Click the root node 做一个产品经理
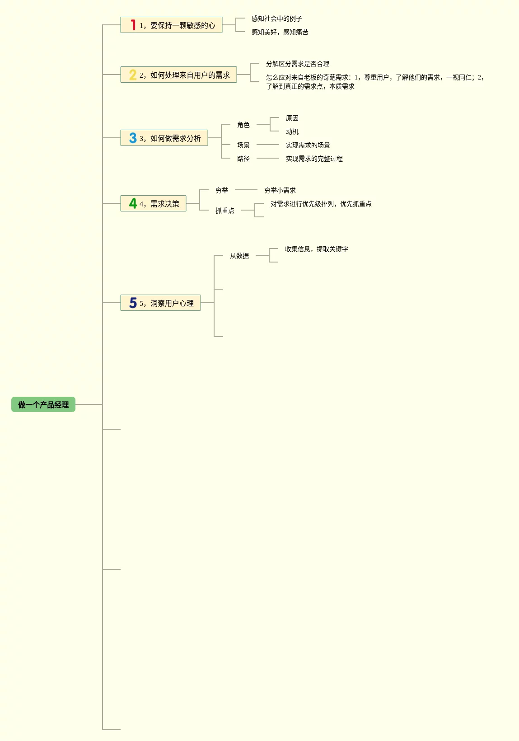43,404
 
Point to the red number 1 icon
133,25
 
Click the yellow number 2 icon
133,75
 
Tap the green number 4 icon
133,203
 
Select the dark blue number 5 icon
133,303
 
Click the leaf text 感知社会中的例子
276,19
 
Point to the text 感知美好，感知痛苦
280,32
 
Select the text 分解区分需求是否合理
297,64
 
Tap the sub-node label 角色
243,125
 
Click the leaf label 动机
292,131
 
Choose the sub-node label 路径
243,159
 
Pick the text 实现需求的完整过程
314,159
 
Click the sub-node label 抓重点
224,211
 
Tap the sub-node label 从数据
239,256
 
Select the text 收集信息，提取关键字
316,249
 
